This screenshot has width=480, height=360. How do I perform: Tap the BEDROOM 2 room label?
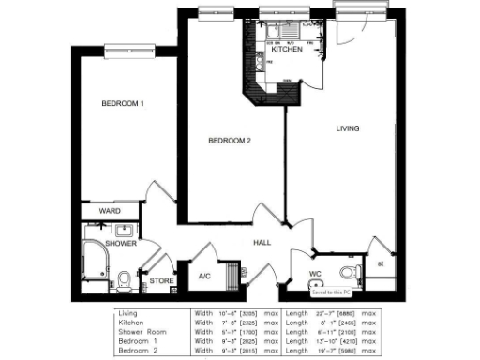coord(230,141)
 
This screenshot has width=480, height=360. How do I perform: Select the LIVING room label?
coord(349,127)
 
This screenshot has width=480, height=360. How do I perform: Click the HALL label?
coord(262,243)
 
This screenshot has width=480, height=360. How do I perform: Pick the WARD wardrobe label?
coord(110,212)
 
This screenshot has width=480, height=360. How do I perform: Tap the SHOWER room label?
coord(121,243)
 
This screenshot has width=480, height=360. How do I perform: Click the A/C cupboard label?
coord(204,277)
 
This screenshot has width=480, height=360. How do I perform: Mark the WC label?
coord(316,275)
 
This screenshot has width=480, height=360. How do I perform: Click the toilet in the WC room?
coord(349,272)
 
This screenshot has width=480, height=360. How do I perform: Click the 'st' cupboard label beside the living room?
coord(380,264)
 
